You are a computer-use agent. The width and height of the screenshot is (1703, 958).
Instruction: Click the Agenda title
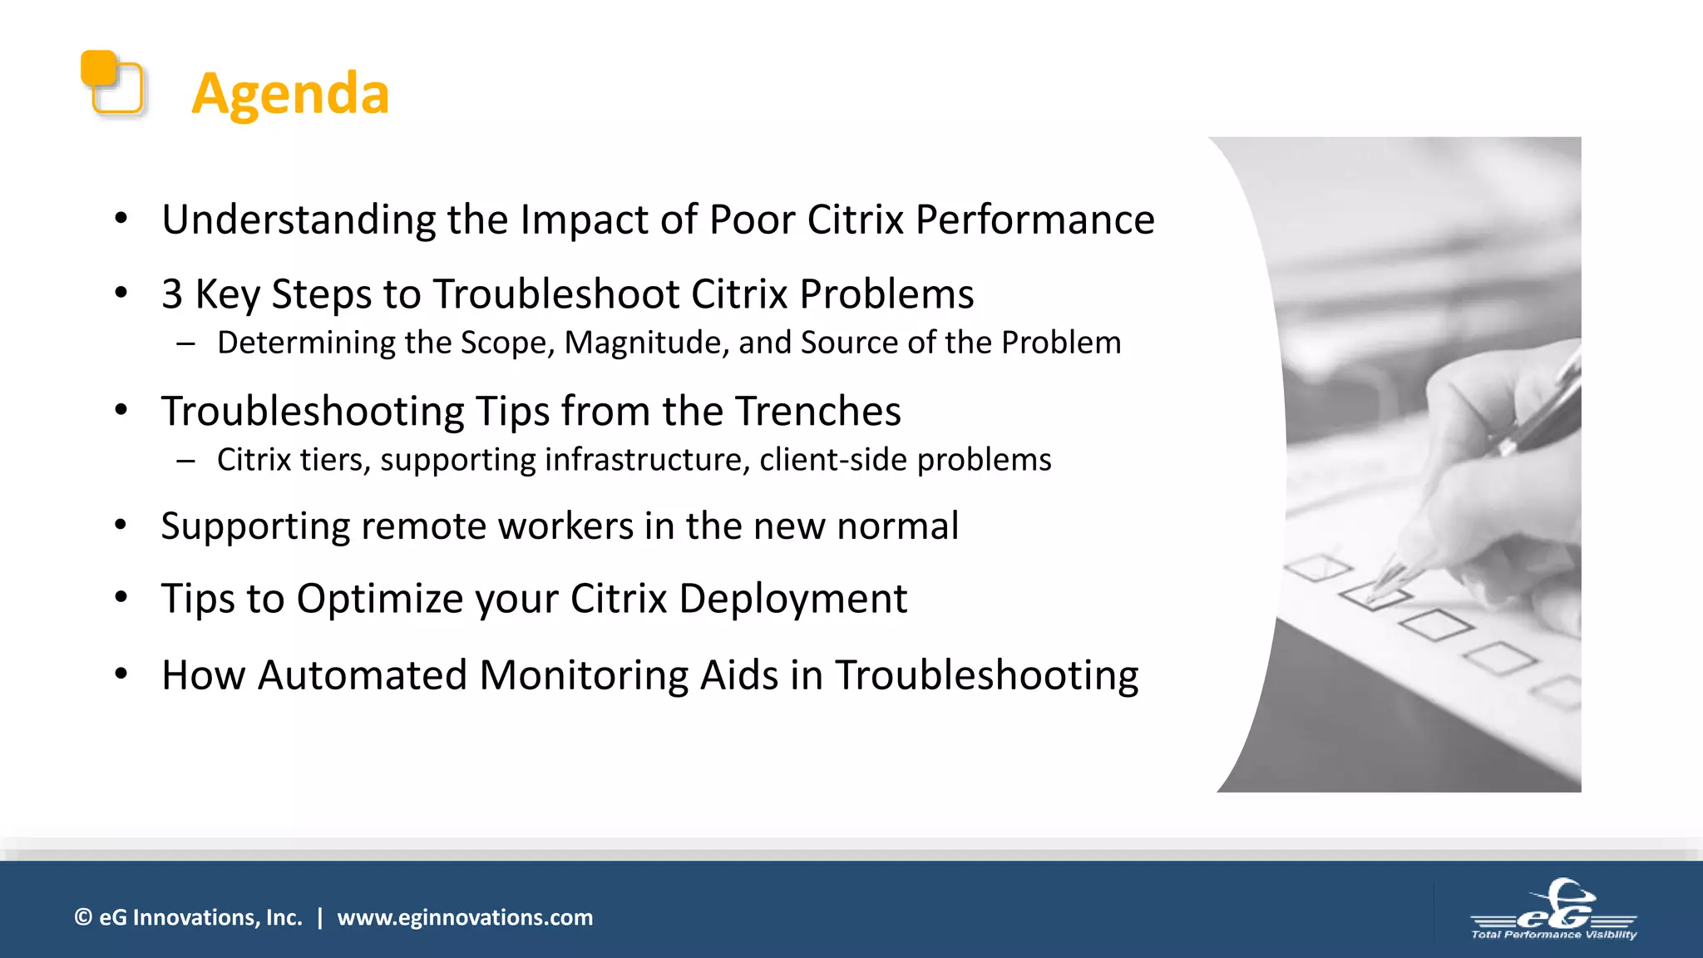tap(290, 93)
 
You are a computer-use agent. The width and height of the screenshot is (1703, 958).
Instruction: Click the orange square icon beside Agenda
tap(112, 82)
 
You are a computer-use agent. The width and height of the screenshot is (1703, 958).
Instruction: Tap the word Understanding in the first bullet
tap(299, 220)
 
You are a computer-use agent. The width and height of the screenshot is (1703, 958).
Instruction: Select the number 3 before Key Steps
tap(172, 294)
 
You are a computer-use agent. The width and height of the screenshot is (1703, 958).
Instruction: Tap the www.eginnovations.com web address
tap(465, 917)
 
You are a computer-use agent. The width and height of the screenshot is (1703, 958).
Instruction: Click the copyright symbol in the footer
tap(83, 917)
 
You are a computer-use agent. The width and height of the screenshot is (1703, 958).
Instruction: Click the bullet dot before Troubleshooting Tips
tap(121, 410)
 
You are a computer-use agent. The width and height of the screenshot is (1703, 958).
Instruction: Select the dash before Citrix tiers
tap(185, 460)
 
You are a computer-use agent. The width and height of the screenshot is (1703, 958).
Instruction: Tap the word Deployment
tap(792, 599)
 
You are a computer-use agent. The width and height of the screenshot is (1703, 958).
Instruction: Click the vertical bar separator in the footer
tap(319, 917)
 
